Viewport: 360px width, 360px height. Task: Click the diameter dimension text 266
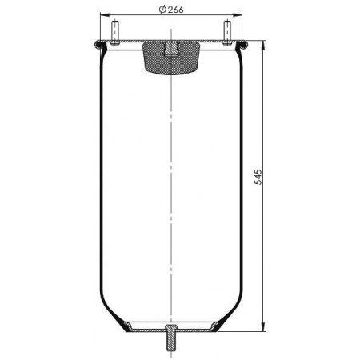coord(175,10)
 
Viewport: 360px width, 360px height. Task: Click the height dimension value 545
coord(258,177)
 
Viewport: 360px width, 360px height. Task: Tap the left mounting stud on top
coord(115,32)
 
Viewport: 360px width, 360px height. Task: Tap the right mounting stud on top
coord(227,32)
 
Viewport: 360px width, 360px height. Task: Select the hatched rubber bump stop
coord(171,58)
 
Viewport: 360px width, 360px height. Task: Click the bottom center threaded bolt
coord(171,337)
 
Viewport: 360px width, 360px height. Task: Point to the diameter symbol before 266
coord(162,10)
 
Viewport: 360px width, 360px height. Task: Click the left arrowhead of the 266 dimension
coord(105,15)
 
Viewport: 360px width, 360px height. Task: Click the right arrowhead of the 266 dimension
coord(238,15)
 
